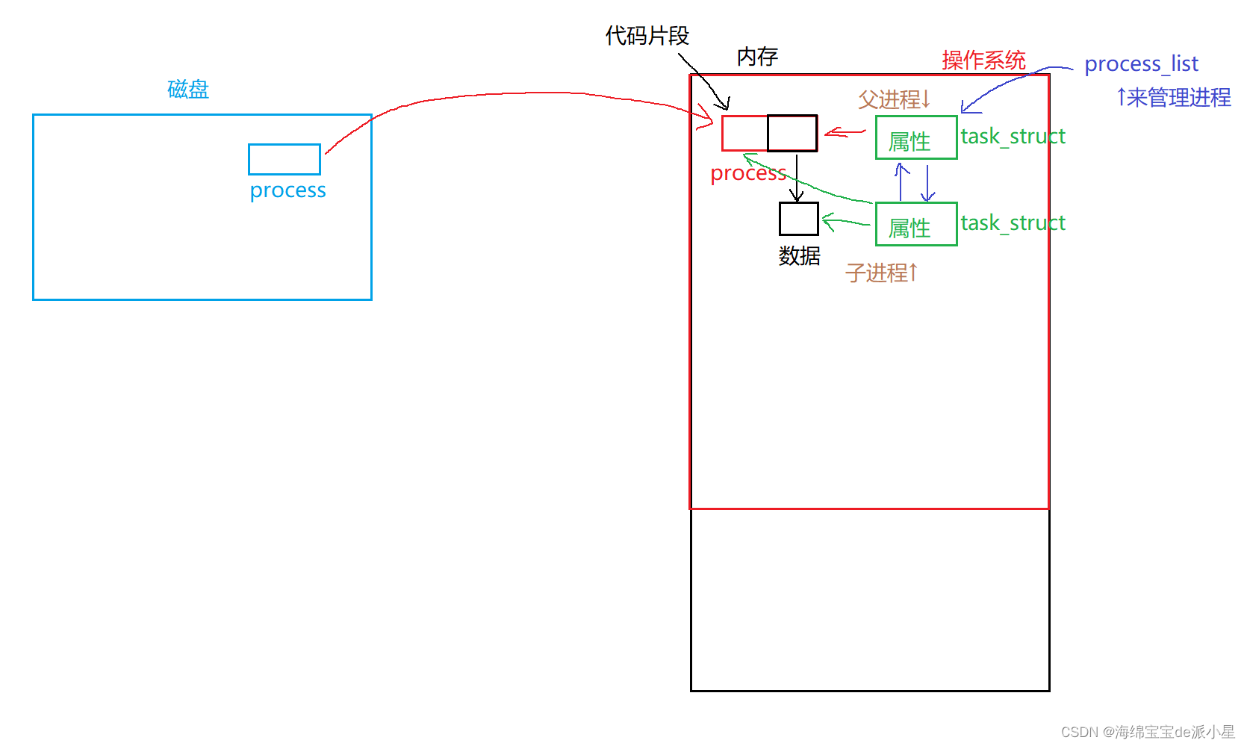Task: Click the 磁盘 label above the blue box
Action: [x=188, y=90]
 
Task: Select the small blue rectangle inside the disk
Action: [x=284, y=159]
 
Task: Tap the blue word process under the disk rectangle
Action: [x=287, y=190]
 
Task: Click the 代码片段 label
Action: [x=647, y=36]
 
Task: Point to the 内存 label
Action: [x=757, y=57]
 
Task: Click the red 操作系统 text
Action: [x=983, y=60]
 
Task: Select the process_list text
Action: [x=1141, y=64]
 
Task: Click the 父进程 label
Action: [x=894, y=99]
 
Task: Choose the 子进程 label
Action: [x=881, y=273]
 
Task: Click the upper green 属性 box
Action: [x=916, y=137]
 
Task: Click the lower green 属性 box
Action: [x=916, y=224]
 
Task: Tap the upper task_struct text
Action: [x=1013, y=137]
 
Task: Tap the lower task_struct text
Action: [x=1013, y=223]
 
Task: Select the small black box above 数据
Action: [x=799, y=219]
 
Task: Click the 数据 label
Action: [x=799, y=256]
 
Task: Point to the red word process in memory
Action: [x=748, y=173]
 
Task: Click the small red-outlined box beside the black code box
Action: [x=744, y=134]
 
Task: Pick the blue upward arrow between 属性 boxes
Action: [x=901, y=182]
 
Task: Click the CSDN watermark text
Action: [x=1147, y=732]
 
